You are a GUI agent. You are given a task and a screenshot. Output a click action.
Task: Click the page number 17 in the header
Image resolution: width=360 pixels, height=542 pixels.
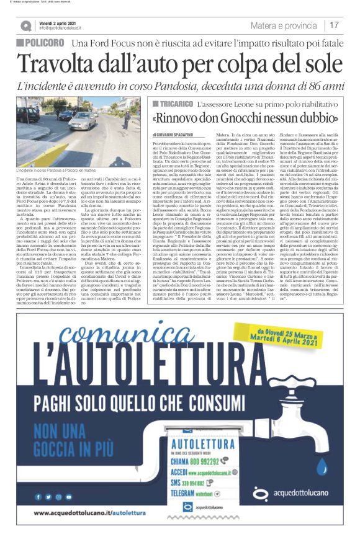tap(334, 25)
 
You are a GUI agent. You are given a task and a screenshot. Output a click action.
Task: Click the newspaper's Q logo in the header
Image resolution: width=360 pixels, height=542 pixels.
tap(25, 26)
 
